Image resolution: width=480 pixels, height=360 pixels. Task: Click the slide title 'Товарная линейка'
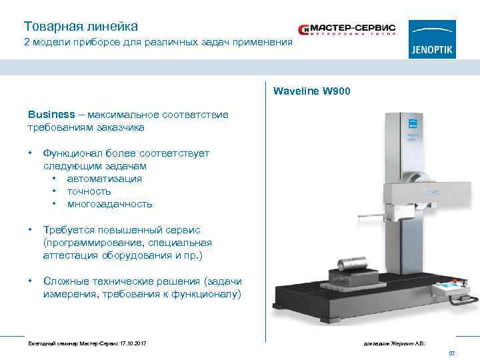point(81,27)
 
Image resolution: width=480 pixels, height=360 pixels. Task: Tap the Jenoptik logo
point(432,39)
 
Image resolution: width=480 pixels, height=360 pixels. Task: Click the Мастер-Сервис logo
point(347,30)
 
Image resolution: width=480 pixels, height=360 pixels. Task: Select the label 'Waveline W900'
point(311,91)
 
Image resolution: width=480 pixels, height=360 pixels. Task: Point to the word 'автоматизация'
point(105,179)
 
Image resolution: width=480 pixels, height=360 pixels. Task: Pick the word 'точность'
point(89,191)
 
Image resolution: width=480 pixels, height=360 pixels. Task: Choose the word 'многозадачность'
point(109,204)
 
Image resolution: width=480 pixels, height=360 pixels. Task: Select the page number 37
point(451,353)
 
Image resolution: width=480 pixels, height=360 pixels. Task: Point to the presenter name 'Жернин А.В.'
point(409,343)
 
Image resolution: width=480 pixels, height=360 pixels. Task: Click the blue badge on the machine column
point(411,122)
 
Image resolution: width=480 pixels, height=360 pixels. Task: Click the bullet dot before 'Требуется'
point(31,230)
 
